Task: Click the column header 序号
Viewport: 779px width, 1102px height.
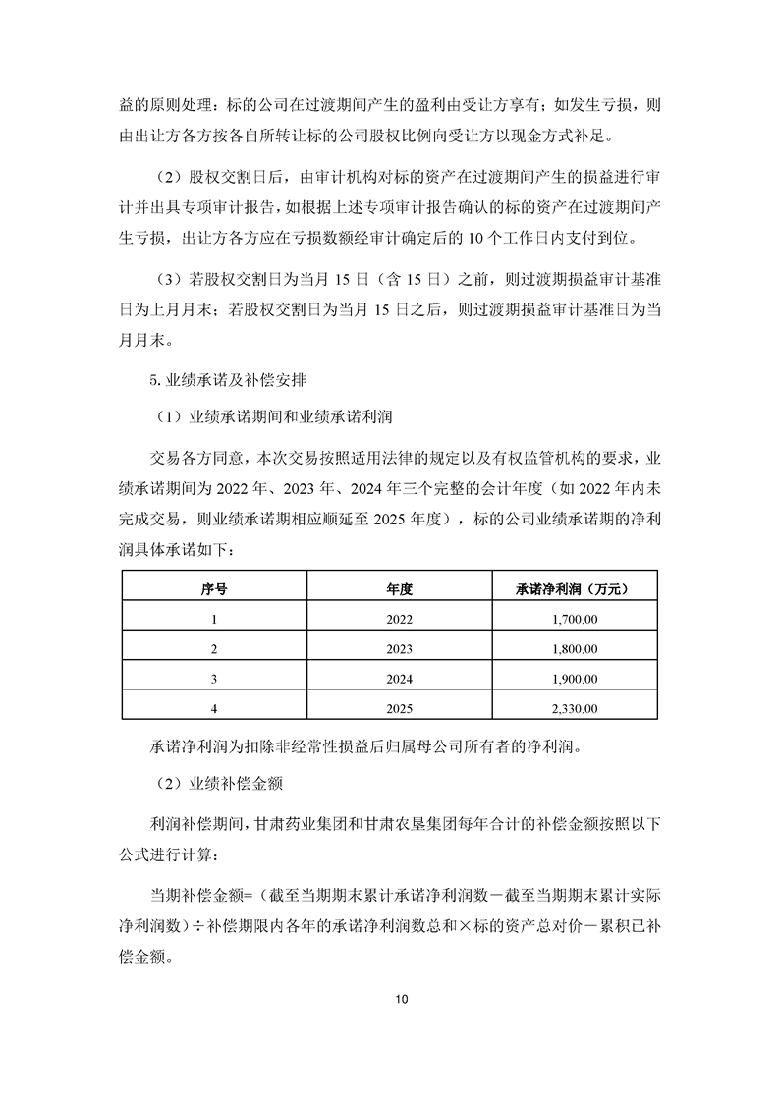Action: tap(213, 588)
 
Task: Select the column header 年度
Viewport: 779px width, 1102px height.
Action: tap(400, 588)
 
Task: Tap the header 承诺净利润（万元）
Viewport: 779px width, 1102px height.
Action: tap(571, 588)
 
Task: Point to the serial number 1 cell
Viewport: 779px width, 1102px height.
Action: tap(213, 619)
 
